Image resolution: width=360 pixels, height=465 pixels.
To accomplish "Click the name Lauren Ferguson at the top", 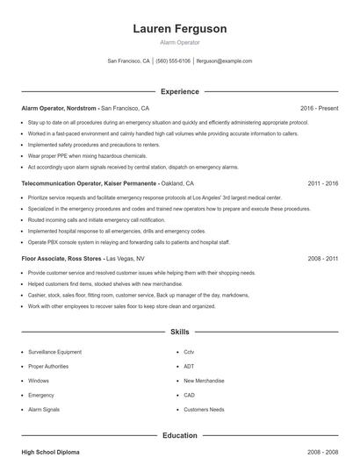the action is tap(179, 29).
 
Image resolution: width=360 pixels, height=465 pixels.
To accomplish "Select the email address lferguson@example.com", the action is tap(224, 61).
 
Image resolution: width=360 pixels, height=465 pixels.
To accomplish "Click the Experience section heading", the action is tap(179, 91).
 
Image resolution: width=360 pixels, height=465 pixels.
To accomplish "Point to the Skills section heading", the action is tap(179, 333).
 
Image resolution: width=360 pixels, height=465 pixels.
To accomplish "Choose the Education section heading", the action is tap(179, 435).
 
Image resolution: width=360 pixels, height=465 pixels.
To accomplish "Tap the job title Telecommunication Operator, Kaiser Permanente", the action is tap(89, 184).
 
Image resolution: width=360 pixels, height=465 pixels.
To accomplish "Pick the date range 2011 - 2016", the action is tap(322, 184).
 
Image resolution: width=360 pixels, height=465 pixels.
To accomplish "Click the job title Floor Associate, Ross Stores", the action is tap(61, 259).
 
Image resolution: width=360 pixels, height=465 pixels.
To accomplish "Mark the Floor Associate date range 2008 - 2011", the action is tap(322, 259).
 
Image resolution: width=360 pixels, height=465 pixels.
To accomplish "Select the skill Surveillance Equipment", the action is tap(54, 352).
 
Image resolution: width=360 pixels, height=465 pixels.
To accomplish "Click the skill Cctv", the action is tap(189, 352).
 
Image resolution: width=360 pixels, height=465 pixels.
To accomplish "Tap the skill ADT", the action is tap(189, 366).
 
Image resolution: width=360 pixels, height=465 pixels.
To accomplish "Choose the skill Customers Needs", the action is tap(204, 410).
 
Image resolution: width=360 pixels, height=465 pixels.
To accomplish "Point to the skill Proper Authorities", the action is tap(48, 366).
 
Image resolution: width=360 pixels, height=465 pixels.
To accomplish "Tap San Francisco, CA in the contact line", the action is tap(128, 61).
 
